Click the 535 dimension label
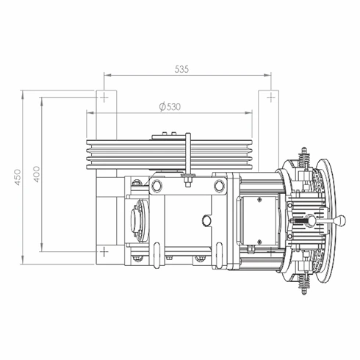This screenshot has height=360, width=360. click(x=181, y=70)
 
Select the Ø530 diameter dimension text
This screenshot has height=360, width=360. click(x=170, y=107)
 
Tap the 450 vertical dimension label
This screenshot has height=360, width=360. click(x=18, y=177)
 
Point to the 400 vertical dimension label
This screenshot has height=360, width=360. click(x=37, y=174)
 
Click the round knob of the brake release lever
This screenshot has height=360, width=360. click(x=341, y=220)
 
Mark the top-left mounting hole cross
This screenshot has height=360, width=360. click(x=104, y=98)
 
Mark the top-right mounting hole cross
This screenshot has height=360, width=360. click(x=271, y=98)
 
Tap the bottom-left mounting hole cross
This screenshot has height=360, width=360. click(x=104, y=251)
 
